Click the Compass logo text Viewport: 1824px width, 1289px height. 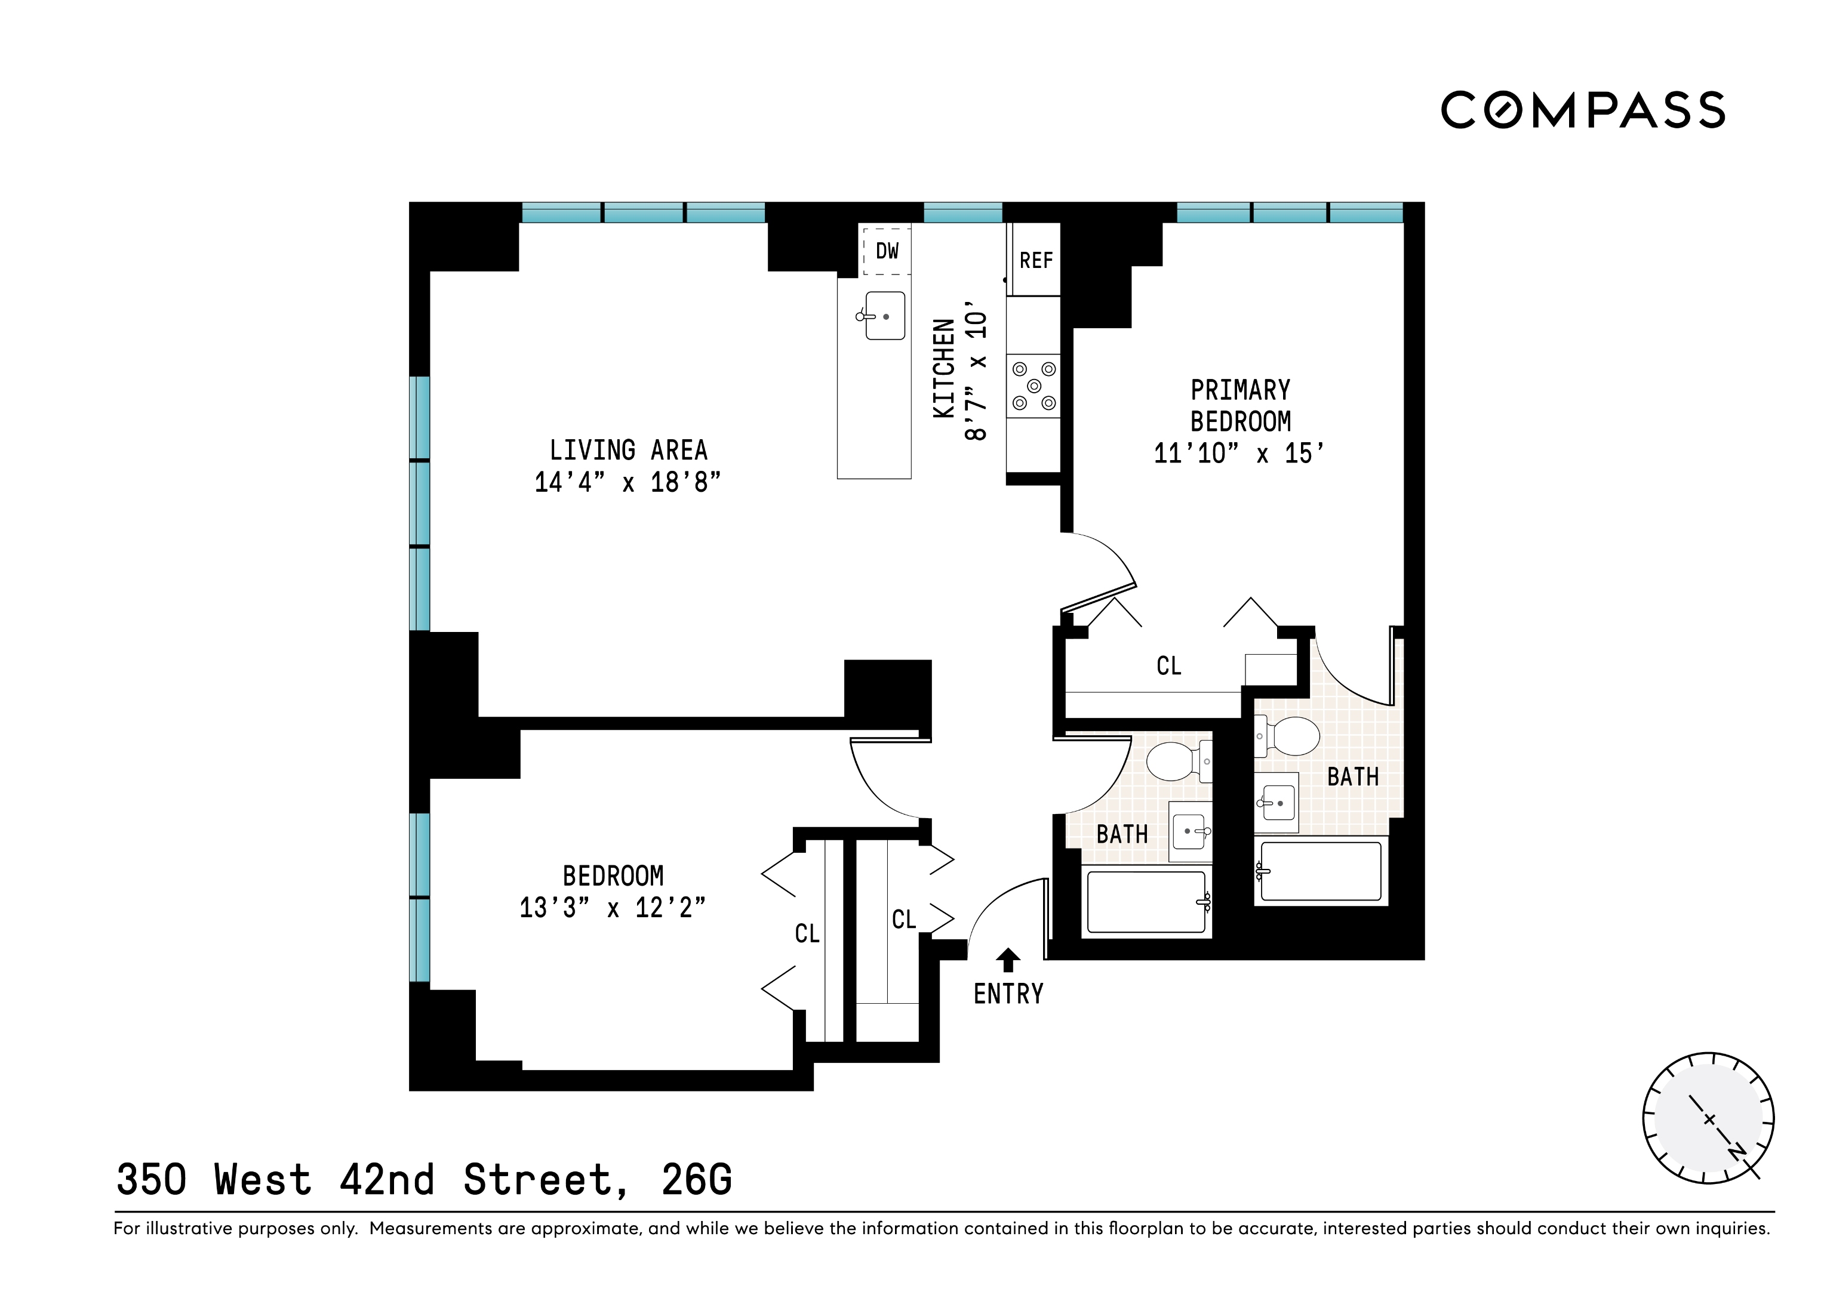point(1583,110)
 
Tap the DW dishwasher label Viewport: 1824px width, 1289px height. point(887,252)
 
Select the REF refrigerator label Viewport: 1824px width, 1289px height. point(1036,261)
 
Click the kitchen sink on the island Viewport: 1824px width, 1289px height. point(884,316)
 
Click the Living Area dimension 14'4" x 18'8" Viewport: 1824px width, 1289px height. point(628,482)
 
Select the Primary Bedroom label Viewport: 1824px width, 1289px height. point(1240,406)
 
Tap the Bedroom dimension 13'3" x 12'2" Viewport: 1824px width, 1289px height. point(612,908)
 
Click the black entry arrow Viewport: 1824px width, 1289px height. point(1008,960)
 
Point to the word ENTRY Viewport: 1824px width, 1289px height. point(1008,994)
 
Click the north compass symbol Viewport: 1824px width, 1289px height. point(1708,1119)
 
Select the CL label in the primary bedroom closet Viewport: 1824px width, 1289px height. point(1168,665)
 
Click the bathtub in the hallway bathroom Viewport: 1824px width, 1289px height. point(1146,902)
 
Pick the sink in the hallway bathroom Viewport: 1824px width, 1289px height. point(1189,831)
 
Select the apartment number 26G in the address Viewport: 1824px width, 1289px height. point(697,1180)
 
